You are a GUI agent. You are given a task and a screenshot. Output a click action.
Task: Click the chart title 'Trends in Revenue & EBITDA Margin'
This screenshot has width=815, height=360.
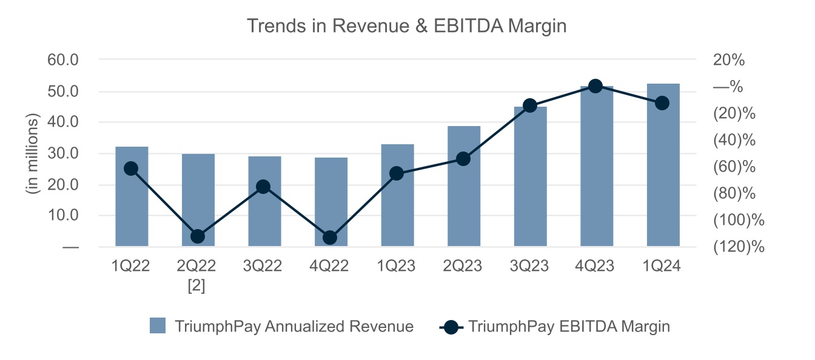click(x=407, y=26)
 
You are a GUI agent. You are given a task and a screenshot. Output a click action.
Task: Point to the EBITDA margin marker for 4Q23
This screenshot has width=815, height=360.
click(x=595, y=86)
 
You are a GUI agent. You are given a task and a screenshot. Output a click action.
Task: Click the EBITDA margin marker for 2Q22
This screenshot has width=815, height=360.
click(x=198, y=236)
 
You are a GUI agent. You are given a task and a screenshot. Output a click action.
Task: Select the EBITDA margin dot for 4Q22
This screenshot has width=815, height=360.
click(x=330, y=237)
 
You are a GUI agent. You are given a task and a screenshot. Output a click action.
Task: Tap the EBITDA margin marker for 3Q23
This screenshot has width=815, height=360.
click(x=530, y=105)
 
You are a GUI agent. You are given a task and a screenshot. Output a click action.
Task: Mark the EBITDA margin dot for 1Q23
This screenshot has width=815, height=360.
click(x=397, y=173)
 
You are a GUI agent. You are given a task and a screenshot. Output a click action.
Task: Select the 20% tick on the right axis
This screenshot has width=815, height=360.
click(x=731, y=60)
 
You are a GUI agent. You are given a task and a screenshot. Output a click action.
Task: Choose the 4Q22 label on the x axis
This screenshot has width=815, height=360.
click(x=330, y=266)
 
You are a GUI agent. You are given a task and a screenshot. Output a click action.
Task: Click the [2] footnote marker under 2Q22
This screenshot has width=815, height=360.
click(x=198, y=286)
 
